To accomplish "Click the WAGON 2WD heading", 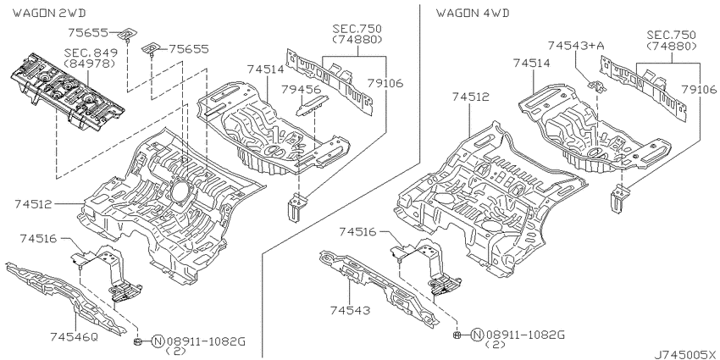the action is coord(49,13).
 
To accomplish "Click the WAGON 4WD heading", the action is coord(473,13).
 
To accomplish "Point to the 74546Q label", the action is coord(75,337).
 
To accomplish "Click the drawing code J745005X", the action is coord(686,354).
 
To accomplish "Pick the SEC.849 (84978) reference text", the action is coord(91,58).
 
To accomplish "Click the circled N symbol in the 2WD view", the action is coord(158,341).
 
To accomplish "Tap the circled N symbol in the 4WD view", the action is coord(478,335).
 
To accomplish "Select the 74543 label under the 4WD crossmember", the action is coord(350,310).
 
